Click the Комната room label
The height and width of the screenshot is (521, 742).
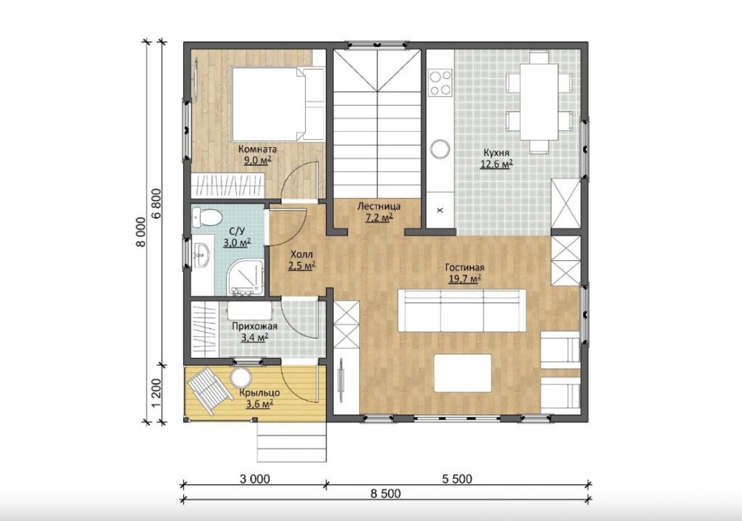pyautogui.click(x=257, y=149)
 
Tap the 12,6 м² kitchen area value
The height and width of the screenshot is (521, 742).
pyautogui.click(x=497, y=164)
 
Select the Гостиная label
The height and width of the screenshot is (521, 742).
pyautogui.click(x=464, y=267)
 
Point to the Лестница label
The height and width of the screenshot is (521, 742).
pyautogui.click(x=378, y=207)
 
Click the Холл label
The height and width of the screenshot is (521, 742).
pyautogui.click(x=302, y=254)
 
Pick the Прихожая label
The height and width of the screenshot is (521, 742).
pyautogui.click(x=254, y=326)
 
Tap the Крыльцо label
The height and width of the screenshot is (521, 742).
pyautogui.click(x=259, y=393)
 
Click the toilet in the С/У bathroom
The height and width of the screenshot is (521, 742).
pyautogui.click(x=207, y=217)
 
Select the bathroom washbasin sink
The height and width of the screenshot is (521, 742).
pyautogui.click(x=201, y=255)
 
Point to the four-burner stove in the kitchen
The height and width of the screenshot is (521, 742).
pyautogui.click(x=440, y=83)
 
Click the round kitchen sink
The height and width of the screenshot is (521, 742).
pyautogui.click(x=440, y=149)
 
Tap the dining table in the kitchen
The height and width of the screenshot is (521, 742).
pyautogui.click(x=539, y=101)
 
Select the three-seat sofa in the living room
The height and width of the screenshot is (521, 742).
pyautogui.click(x=462, y=310)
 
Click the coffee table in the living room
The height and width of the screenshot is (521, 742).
pyautogui.click(x=463, y=372)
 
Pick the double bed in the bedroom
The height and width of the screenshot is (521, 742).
pyautogui.click(x=278, y=104)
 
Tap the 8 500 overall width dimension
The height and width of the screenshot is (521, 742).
pyautogui.click(x=385, y=493)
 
